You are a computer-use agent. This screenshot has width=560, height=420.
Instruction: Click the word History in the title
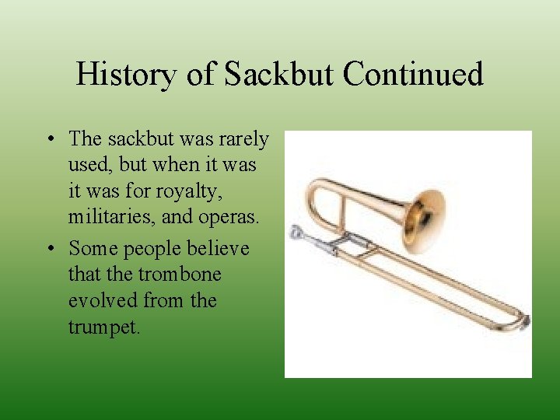pyautogui.click(x=125, y=75)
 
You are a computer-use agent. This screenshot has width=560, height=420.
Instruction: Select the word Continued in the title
pyautogui.click(x=413, y=75)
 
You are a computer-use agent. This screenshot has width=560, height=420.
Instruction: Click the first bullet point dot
pyautogui.click(x=49, y=140)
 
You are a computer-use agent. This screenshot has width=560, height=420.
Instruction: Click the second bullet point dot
pyautogui.click(x=49, y=249)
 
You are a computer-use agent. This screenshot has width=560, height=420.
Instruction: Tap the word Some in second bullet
pyautogui.click(x=91, y=248)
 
